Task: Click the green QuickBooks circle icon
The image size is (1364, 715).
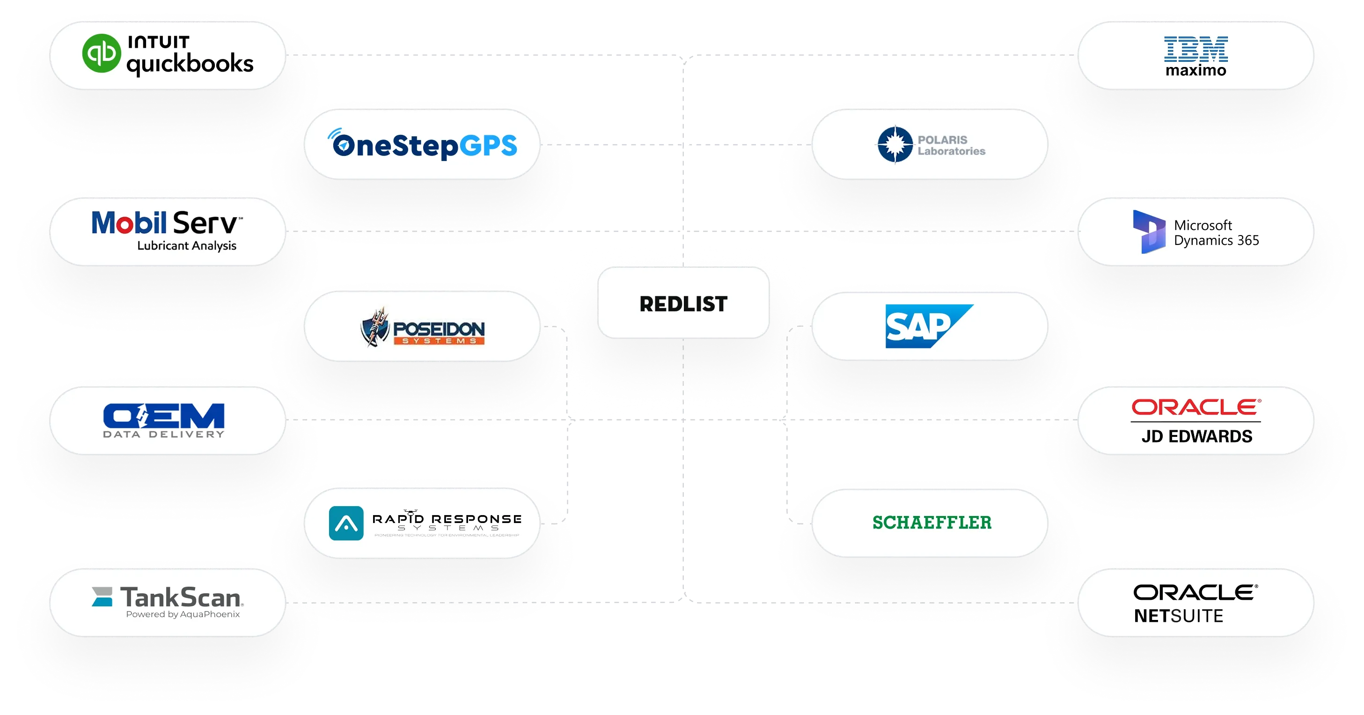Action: [101, 53]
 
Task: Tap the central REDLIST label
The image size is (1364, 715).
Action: [683, 304]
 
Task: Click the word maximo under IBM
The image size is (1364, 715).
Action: [1195, 70]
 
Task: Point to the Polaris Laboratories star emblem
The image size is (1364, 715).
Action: [895, 144]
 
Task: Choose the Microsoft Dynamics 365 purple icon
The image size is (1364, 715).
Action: [1149, 231]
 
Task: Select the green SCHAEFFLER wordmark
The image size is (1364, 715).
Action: [932, 523]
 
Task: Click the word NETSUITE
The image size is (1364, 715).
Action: [1178, 616]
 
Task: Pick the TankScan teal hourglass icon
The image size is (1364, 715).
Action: [102, 597]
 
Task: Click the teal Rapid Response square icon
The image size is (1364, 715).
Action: [346, 523]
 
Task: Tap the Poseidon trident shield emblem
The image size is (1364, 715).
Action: [375, 327]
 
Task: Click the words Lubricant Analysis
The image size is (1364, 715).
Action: [187, 246]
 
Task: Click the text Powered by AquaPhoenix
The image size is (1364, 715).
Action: [183, 614]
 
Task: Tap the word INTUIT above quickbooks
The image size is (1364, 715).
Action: [158, 42]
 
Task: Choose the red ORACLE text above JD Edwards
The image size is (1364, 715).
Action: [1195, 407]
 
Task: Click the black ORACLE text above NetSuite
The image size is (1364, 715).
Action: [1195, 592]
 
